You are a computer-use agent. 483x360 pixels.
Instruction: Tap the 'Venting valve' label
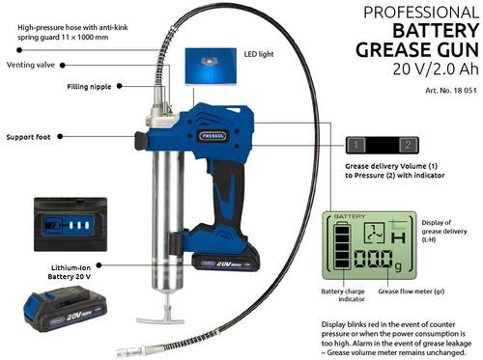[x=31, y=65]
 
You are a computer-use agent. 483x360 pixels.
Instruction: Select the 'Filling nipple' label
[x=89, y=87]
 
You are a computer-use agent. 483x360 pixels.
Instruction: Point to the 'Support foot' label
[x=28, y=137]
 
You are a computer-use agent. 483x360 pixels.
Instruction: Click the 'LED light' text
[x=259, y=54]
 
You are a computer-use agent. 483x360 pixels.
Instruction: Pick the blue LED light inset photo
[x=211, y=67]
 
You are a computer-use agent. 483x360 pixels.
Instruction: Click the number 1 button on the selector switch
[x=355, y=145]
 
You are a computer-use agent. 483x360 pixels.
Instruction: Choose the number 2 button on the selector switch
[x=408, y=145]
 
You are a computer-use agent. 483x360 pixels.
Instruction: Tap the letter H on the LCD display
[x=398, y=238]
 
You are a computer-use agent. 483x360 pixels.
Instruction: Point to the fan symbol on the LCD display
[x=374, y=233]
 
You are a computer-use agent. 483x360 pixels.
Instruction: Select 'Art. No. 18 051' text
[x=451, y=91]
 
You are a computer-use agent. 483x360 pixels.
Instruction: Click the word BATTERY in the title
[x=436, y=31]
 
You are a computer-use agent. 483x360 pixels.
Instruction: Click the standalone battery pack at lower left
[x=65, y=309]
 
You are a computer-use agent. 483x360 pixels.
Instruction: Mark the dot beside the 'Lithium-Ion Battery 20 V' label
[x=99, y=265]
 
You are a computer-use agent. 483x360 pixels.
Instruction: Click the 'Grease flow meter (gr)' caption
[x=412, y=291]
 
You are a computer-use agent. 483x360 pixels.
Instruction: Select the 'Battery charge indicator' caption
[x=343, y=295]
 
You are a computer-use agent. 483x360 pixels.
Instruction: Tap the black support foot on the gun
[x=141, y=141]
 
